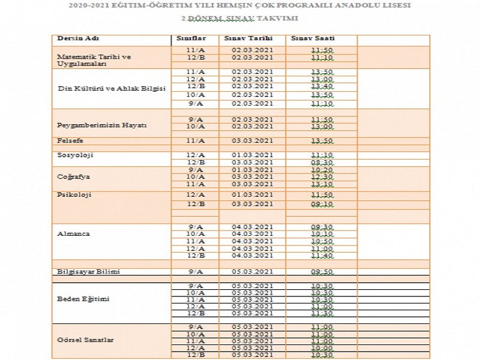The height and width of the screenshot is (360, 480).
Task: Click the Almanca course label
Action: click(73, 233)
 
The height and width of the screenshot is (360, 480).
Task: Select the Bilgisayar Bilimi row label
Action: click(88, 272)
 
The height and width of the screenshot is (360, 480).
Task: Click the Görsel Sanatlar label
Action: click(85, 340)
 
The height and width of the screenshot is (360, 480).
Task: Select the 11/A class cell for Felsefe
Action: click(195, 140)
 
